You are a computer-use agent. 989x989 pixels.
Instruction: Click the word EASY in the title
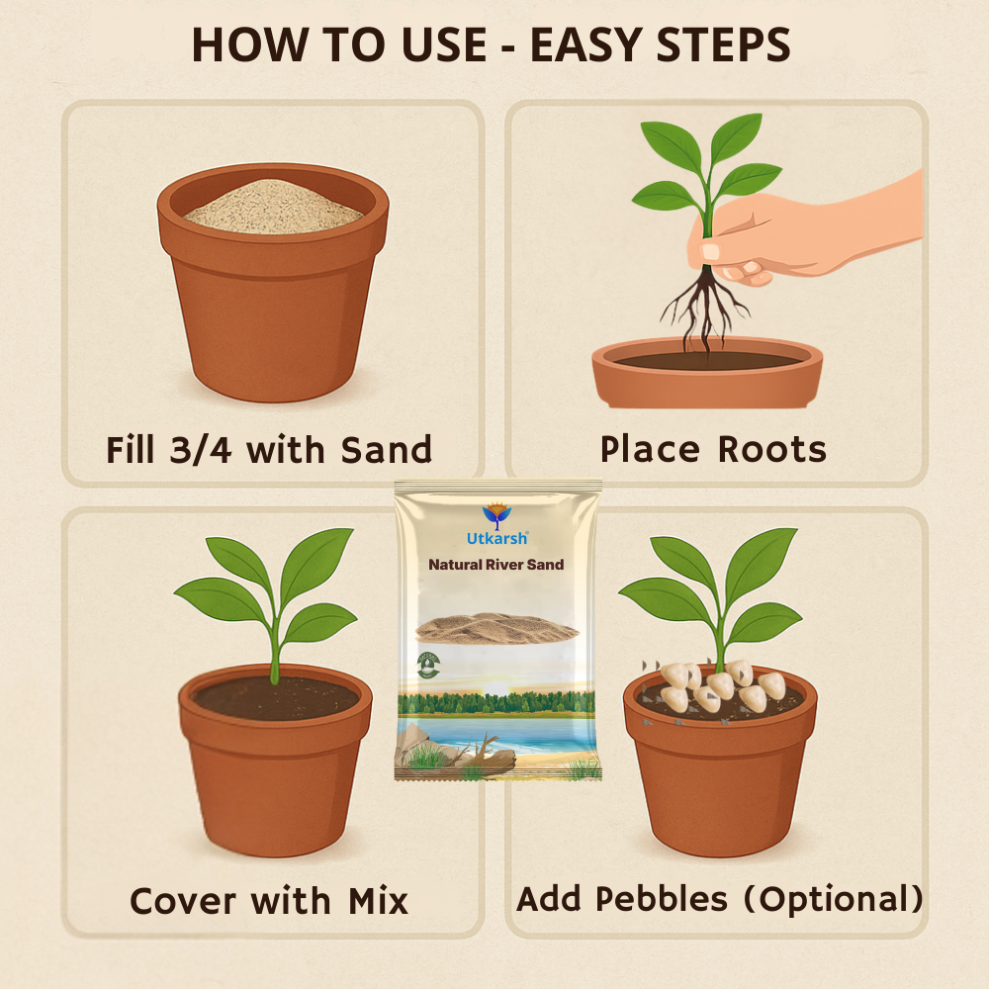point(586,45)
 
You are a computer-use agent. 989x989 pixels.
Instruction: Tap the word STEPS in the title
point(724,45)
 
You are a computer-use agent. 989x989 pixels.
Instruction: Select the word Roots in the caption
point(772,449)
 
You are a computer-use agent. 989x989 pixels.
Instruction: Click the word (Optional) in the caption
point(833,899)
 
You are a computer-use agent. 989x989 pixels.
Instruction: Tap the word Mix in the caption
point(378,901)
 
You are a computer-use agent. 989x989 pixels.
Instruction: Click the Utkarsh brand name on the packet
point(497,538)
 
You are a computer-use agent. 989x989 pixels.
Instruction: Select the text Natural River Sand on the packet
point(496,565)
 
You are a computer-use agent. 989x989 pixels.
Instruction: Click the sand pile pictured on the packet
point(496,629)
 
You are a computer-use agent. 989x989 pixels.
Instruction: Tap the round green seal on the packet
point(428,666)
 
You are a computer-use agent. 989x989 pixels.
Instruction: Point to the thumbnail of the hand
point(711,251)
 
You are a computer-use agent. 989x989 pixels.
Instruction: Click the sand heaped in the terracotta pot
point(274,207)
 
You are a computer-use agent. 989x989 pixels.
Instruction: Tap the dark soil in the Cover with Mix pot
point(276,698)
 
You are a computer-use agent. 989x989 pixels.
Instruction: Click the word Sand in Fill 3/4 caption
point(386,450)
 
